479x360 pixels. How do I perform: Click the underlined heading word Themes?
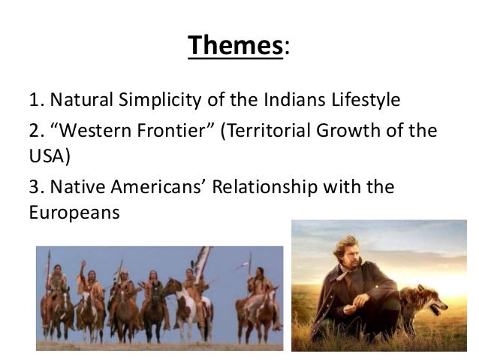[x=235, y=45]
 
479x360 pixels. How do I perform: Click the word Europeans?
[x=74, y=211]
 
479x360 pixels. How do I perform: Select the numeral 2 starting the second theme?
[x=34, y=131]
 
